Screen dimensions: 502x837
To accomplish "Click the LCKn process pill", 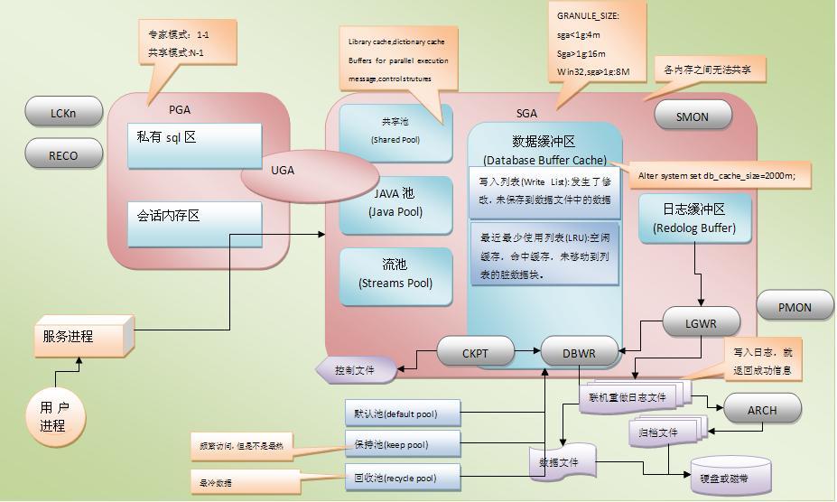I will click(63, 113).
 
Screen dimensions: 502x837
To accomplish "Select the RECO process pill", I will click(63, 155).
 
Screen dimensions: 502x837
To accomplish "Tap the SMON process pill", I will click(693, 116).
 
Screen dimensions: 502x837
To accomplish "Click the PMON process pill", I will click(795, 307).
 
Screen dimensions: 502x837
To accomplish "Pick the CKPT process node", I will click(475, 353).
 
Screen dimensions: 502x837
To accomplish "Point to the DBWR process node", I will click(580, 353).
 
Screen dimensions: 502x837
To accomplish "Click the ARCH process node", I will click(762, 410).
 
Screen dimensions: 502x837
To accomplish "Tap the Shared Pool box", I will click(395, 132).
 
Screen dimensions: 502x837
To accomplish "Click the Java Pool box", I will click(395, 203).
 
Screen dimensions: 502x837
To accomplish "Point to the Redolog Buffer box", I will click(693, 218).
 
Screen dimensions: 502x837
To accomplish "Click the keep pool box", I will click(403, 445).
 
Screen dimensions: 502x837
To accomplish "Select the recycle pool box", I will click(403, 477).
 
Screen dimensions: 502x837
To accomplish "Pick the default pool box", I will click(403, 414).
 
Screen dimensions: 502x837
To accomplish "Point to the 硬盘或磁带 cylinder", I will click(730, 476).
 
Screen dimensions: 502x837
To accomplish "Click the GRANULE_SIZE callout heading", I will click(589, 15).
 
